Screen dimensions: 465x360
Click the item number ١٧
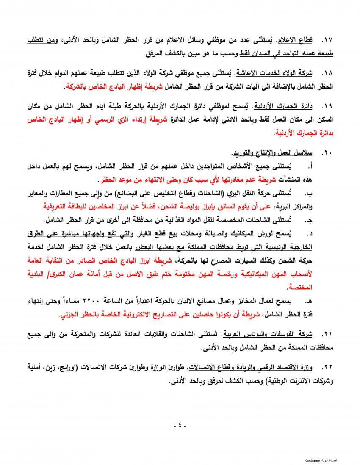click(x=327, y=40)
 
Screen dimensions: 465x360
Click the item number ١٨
click(x=327, y=72)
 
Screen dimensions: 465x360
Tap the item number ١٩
click(x=327, y=104)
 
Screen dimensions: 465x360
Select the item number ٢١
click(x=327, y=335)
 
